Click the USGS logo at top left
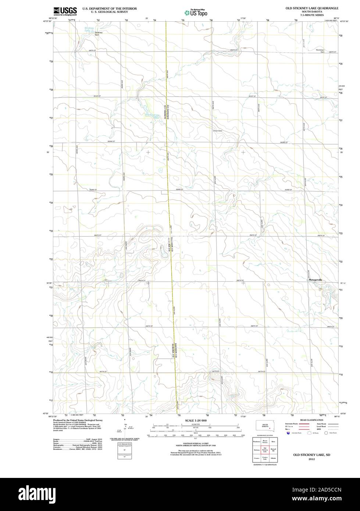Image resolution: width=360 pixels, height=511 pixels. click(65, 11)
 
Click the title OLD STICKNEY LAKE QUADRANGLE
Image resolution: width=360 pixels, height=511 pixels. click(312, 8)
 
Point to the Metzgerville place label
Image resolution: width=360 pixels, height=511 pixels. click(315, 280)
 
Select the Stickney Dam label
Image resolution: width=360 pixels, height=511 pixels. click(99, 34)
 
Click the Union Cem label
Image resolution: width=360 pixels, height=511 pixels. click(218, 131)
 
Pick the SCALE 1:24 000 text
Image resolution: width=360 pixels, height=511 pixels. click(196, 420)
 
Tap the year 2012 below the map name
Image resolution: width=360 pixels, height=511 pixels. click(311, 459)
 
